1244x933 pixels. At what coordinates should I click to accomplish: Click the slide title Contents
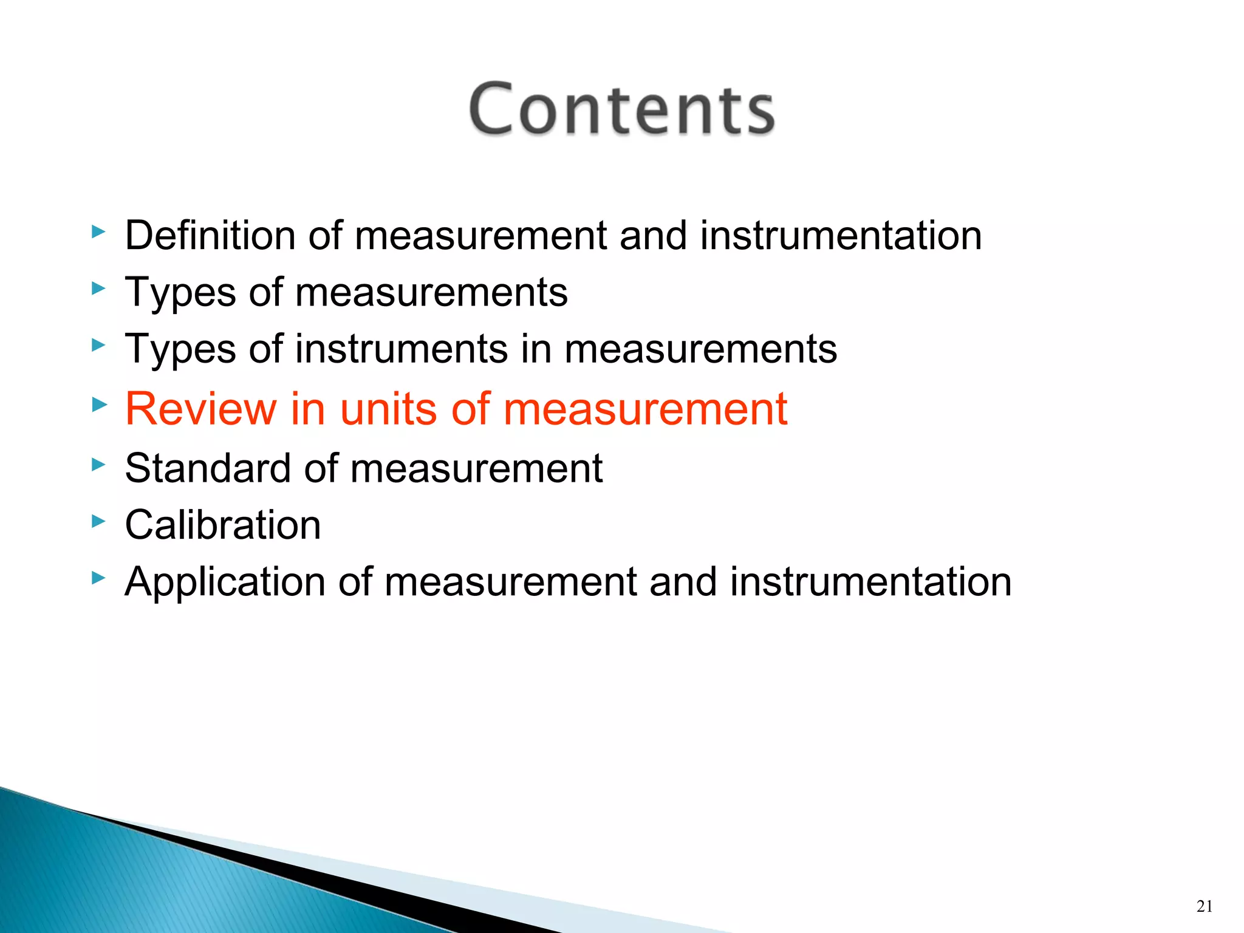pyautogui.click(x=621, y=109)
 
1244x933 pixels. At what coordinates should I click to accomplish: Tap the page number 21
pyautogui.click(x=1205, y=906)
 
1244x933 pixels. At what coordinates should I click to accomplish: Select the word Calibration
pyautogui.click(x=222, y=525)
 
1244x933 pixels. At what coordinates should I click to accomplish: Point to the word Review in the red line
pyautogui.click(x=200, y=408)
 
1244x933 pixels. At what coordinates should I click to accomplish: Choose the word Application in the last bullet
pyautogui.click(x=225, y=582)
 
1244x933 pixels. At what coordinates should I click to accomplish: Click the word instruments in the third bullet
pyautogui.click(x=401, y=349)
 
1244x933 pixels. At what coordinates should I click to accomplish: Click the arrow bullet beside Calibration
pyautogui.click(x=98, y=521)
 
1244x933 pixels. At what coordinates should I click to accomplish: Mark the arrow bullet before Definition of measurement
pyautogui.click(x=98, y=231)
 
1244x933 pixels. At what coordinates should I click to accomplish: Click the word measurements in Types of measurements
pyautogui.click(x=431, y=292)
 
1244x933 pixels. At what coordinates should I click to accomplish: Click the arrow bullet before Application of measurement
pyautogui.click(x=98, y=578)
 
